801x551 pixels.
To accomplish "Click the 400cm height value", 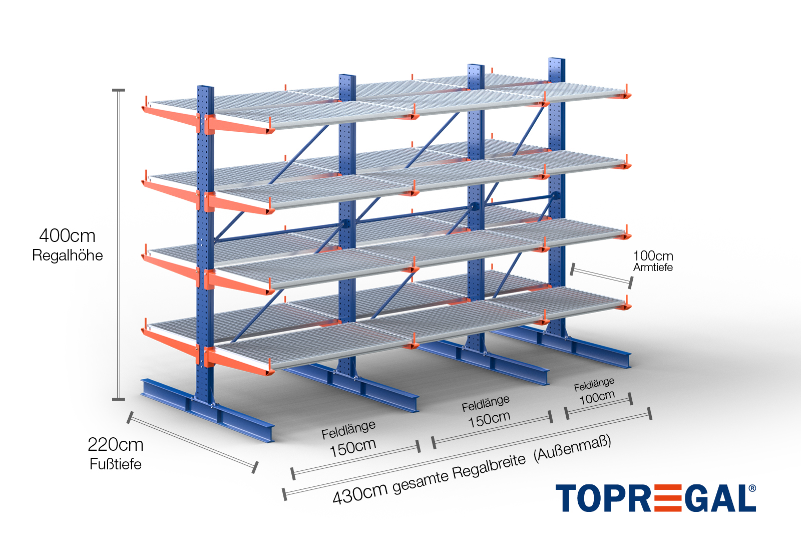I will pos(67,235).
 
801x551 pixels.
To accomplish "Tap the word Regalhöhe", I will pos(67,255).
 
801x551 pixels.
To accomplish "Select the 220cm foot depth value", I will pos(115,444).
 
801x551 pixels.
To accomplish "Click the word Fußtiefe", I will pos(115,464).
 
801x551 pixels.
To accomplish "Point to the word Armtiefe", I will pos(653,267).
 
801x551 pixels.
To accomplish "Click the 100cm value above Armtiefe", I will pos(653,256).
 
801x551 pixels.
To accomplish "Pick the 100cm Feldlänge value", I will pos(597,398).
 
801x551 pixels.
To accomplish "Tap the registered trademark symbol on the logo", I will pos(752,488).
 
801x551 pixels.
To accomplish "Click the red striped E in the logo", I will pos(667,498).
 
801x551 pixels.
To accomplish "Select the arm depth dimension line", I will pos(601,276).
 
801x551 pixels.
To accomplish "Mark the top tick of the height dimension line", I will pos(119,91).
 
